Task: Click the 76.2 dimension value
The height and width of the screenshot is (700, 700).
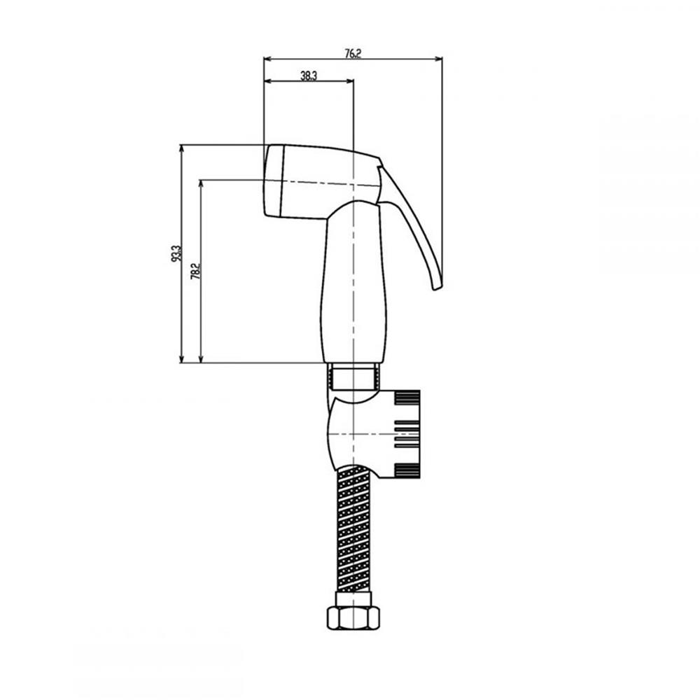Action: (x=353, y=54)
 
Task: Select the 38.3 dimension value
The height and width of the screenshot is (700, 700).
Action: (x=309, y=76)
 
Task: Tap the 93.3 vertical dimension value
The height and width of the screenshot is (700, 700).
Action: (x=176, y=253)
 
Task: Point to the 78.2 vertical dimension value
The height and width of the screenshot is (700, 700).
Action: (x=195, y=271)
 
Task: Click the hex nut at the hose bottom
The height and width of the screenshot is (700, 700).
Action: (x=353, y=617)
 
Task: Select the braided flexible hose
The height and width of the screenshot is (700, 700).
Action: (x=353, y=528)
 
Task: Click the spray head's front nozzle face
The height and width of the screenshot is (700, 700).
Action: (x=273, y=181)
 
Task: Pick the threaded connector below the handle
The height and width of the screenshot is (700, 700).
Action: (x=353, y=376)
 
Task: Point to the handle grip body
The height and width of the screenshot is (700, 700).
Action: (x=353, y=281)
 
